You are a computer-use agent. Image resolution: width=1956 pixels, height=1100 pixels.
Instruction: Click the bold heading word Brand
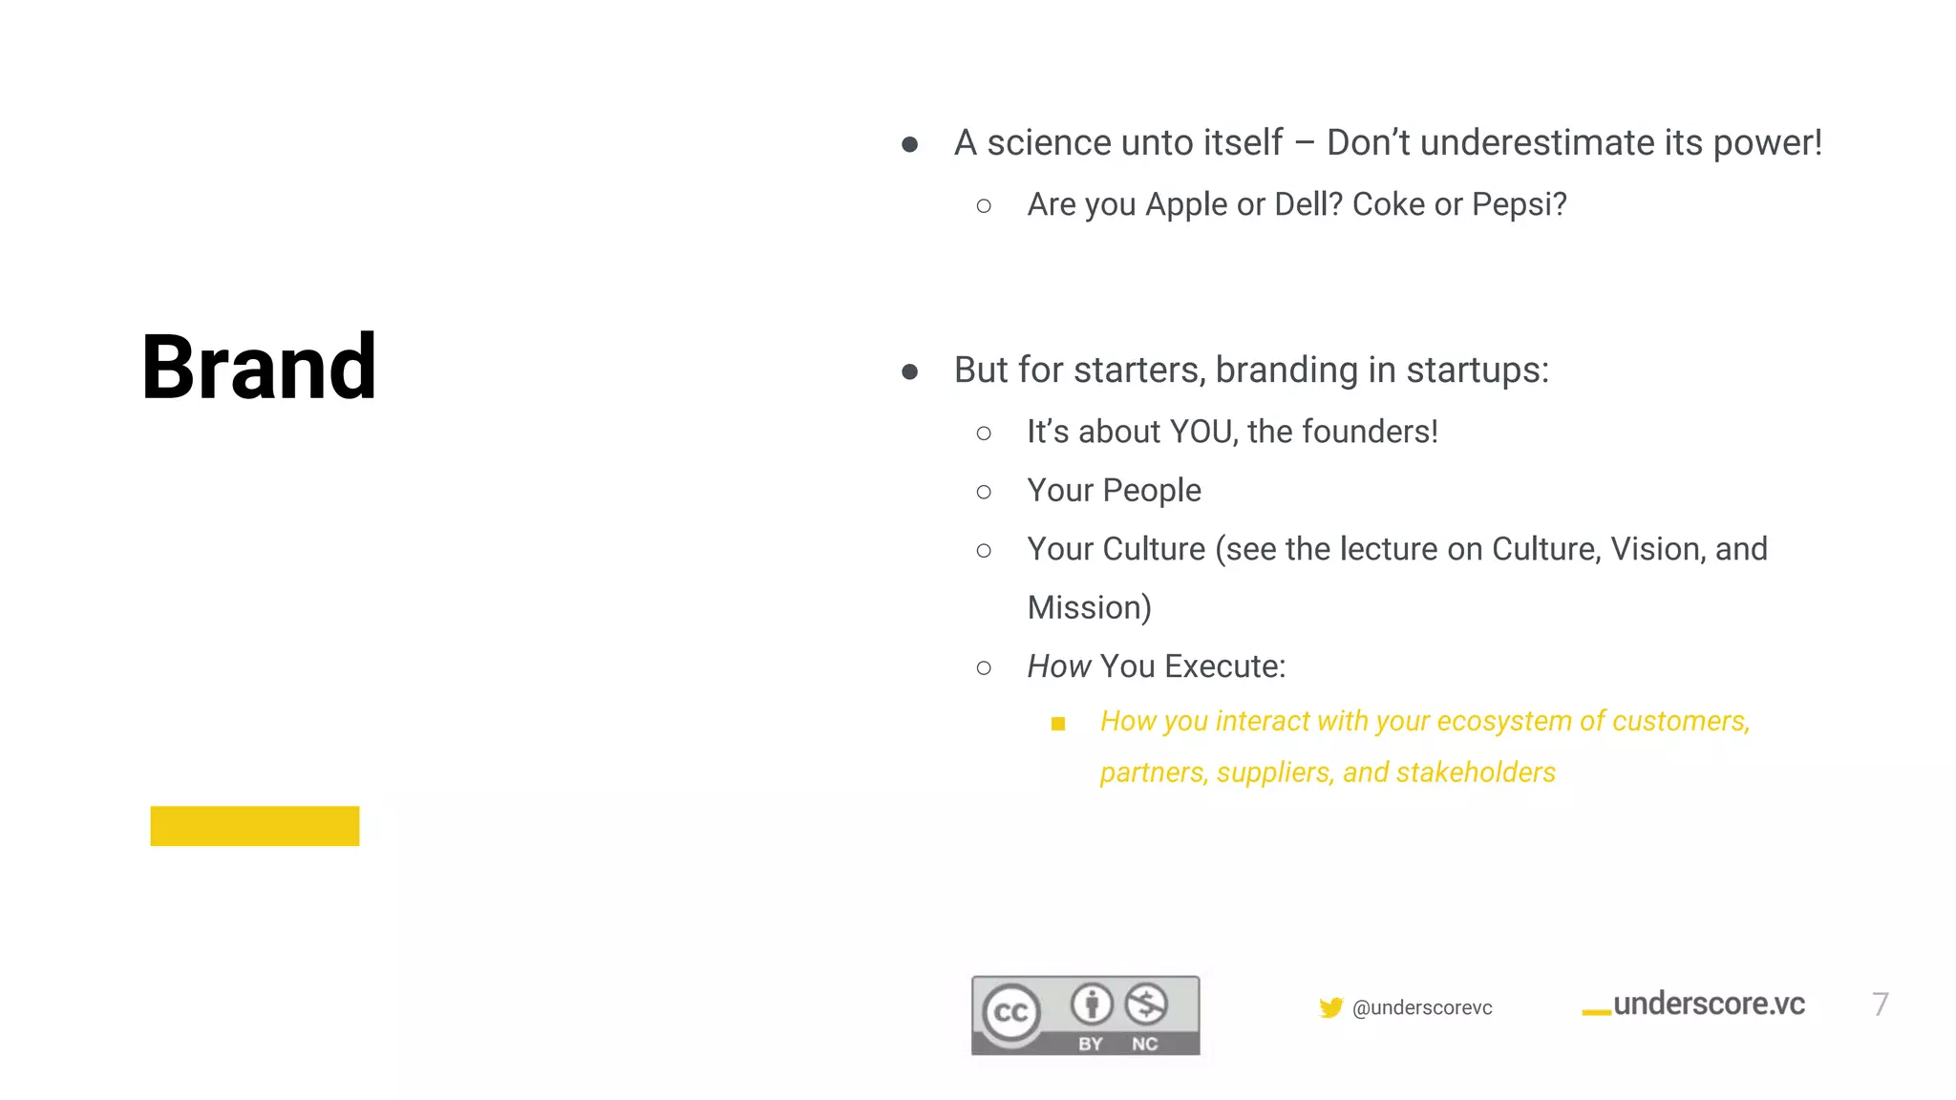click(x=259, y=368)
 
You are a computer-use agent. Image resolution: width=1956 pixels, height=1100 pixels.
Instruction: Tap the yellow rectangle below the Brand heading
click(x=255, y=826)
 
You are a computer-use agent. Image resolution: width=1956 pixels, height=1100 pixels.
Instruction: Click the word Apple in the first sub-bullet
click(x=1186, y=204)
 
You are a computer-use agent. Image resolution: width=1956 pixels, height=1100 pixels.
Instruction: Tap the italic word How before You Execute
click(x=1058, y=666)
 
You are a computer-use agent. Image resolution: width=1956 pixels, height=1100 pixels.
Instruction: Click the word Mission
click(x=1089, y=607)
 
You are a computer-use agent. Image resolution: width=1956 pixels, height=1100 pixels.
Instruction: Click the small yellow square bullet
click(x=1058, y=724)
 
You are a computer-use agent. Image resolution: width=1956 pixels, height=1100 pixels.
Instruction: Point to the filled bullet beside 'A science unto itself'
click(x=910, y=144)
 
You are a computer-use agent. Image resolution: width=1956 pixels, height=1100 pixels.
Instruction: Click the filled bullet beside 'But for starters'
click(x=910, y=371)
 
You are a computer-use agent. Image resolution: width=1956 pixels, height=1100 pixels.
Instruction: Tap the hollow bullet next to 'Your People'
click(x=984, y=492)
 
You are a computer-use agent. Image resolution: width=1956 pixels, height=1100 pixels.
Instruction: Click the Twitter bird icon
click(x=1330, y=1007)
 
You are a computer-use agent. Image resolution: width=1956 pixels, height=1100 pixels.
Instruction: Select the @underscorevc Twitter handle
click(x=1422, y=1007)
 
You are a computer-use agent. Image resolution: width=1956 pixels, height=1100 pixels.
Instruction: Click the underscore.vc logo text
click(x=1708, y=1005)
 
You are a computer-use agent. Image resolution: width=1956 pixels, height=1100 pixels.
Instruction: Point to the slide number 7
click(x=1880, y=1005)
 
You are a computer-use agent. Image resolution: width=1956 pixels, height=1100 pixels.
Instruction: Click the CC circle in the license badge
click(x=1011, y=1012)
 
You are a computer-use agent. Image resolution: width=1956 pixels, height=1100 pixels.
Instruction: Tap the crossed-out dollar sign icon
click(x=1146, y=1004)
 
